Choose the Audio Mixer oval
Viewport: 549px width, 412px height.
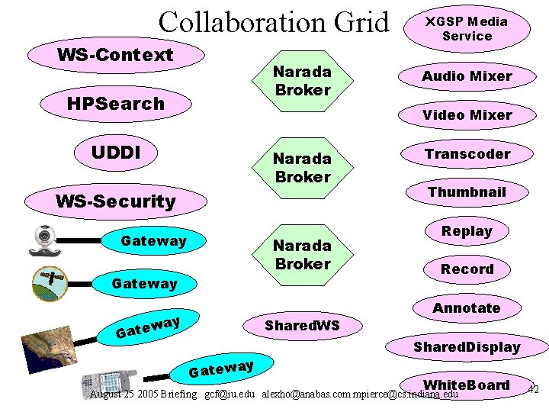(467, 76)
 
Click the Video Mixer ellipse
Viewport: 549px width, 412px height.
(467, 114)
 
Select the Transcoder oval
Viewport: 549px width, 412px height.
(467, 153)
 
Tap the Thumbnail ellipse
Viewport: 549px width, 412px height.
(467, 192)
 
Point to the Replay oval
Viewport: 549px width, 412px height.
(467, 230)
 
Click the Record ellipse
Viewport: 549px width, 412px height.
(467, 269)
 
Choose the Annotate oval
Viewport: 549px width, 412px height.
(467, 307)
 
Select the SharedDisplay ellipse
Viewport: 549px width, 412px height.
(467, 347)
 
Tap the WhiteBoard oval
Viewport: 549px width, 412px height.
(467, 385)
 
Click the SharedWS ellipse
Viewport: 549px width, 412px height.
(302, 326)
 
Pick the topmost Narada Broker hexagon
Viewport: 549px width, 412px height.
(303, 81)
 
